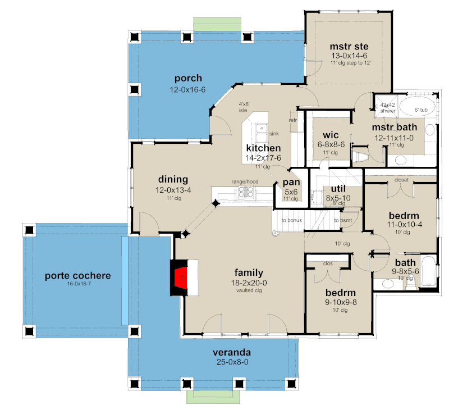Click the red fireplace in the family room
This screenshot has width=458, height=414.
coord(181,277)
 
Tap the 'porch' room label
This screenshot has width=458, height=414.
coord(187,78)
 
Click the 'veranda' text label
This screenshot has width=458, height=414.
coord(231,352)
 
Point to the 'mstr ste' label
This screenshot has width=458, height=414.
coord(344,44)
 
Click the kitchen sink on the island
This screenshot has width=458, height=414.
coord(261,133)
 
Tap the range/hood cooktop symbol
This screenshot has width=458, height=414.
coord(246,193)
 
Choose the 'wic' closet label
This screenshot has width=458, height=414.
coord(330,135)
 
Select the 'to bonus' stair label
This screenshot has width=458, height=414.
coord(291,220)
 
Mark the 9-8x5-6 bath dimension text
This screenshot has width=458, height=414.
coord(405,271)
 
